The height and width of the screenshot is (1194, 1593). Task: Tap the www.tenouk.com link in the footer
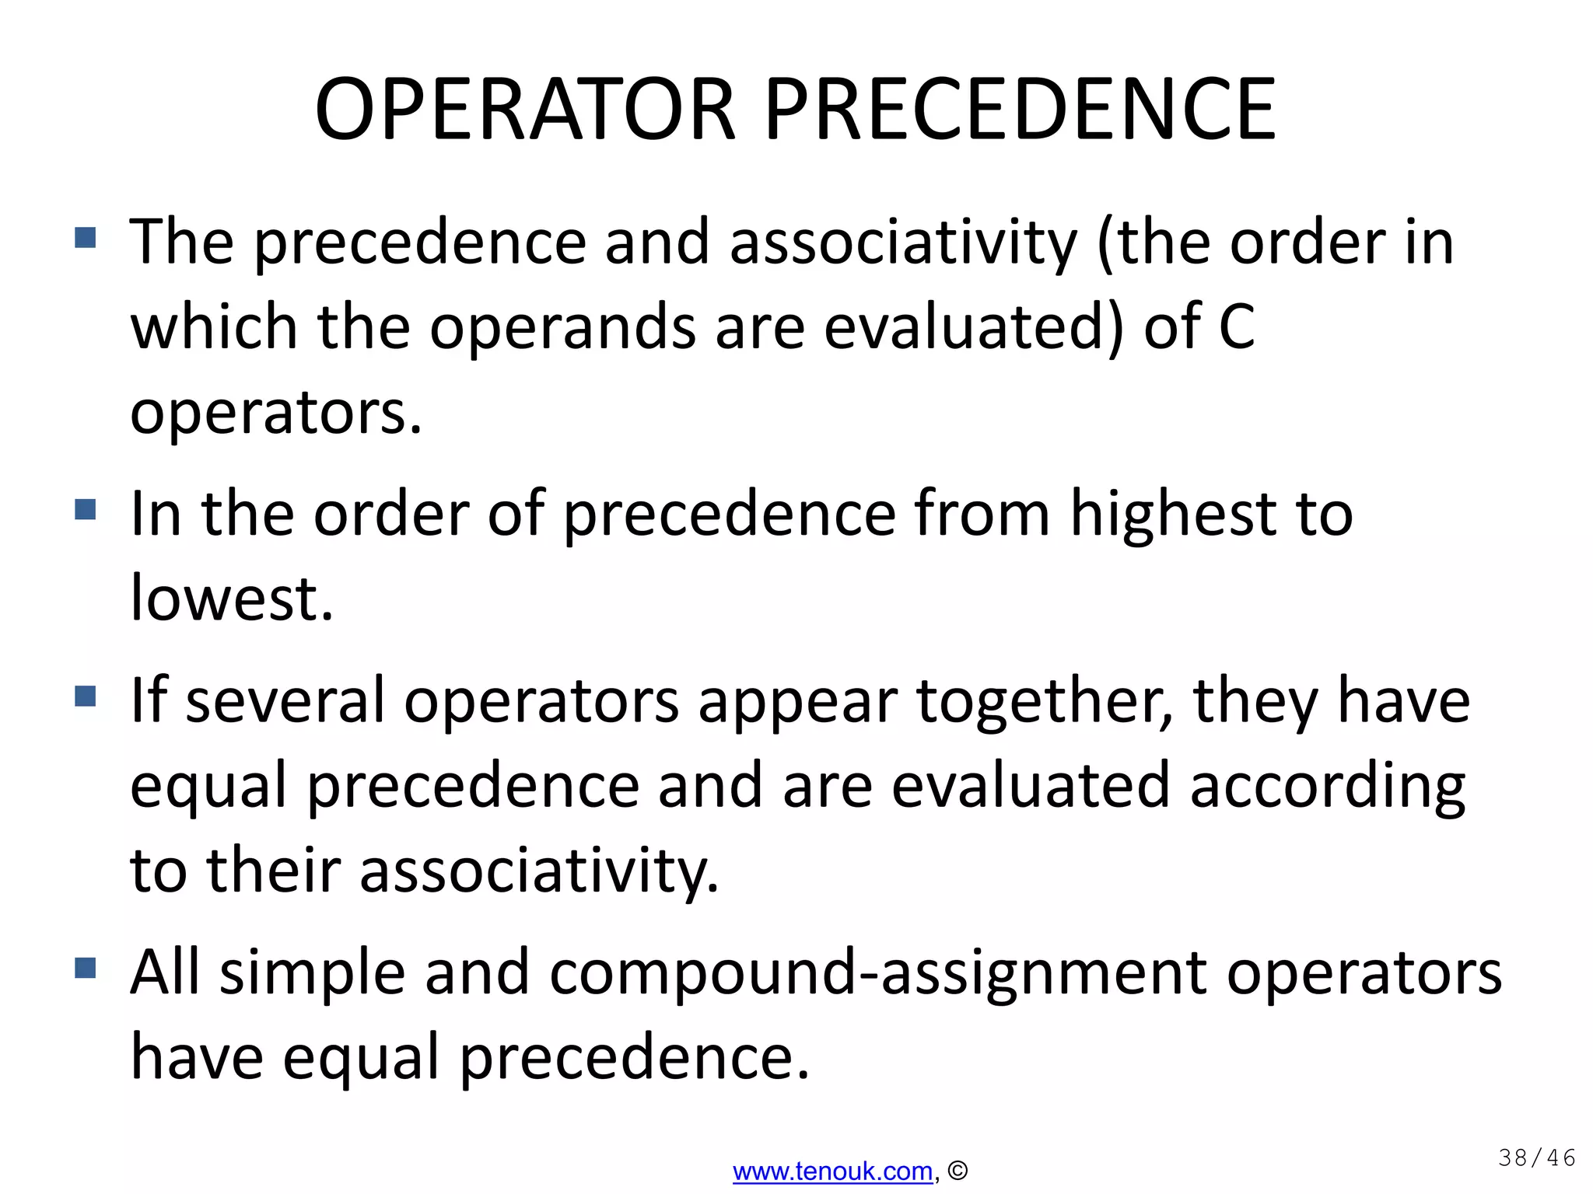point(832,1171)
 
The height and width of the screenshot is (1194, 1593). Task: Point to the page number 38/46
point(1536,1158)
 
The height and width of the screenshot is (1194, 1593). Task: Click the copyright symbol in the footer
point(958,1171)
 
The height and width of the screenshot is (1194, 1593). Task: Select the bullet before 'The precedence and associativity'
point(86,237)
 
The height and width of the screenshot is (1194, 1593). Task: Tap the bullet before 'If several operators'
point(86,696)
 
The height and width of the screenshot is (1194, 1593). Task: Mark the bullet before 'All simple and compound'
point(86,968)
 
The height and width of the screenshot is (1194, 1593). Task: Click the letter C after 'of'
point(1236,326)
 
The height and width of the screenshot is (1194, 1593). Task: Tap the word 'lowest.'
point(232,599)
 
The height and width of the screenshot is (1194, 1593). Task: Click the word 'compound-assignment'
point(878,973)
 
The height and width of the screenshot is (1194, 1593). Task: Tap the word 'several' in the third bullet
point(285,701)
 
